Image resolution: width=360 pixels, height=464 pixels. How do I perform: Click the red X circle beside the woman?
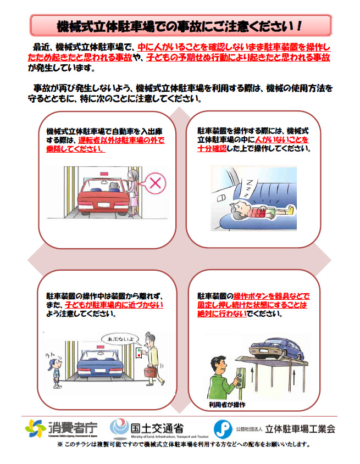[155, 183]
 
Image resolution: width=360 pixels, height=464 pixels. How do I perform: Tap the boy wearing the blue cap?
[55, 371]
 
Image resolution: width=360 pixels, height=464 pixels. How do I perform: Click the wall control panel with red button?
[139, 353]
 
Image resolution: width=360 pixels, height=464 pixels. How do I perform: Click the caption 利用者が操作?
[227, 405]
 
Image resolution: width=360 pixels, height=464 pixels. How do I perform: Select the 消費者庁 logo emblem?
[35, 428]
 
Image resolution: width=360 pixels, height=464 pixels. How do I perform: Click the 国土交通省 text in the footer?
[157, 428]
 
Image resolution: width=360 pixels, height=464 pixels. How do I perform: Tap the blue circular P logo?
[223, 429]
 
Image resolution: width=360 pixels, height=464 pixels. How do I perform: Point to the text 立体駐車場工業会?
[300, 428]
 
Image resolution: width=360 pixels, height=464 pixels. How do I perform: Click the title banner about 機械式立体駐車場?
[180, 26]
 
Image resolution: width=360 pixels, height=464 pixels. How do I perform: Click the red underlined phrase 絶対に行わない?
[222, 314]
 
